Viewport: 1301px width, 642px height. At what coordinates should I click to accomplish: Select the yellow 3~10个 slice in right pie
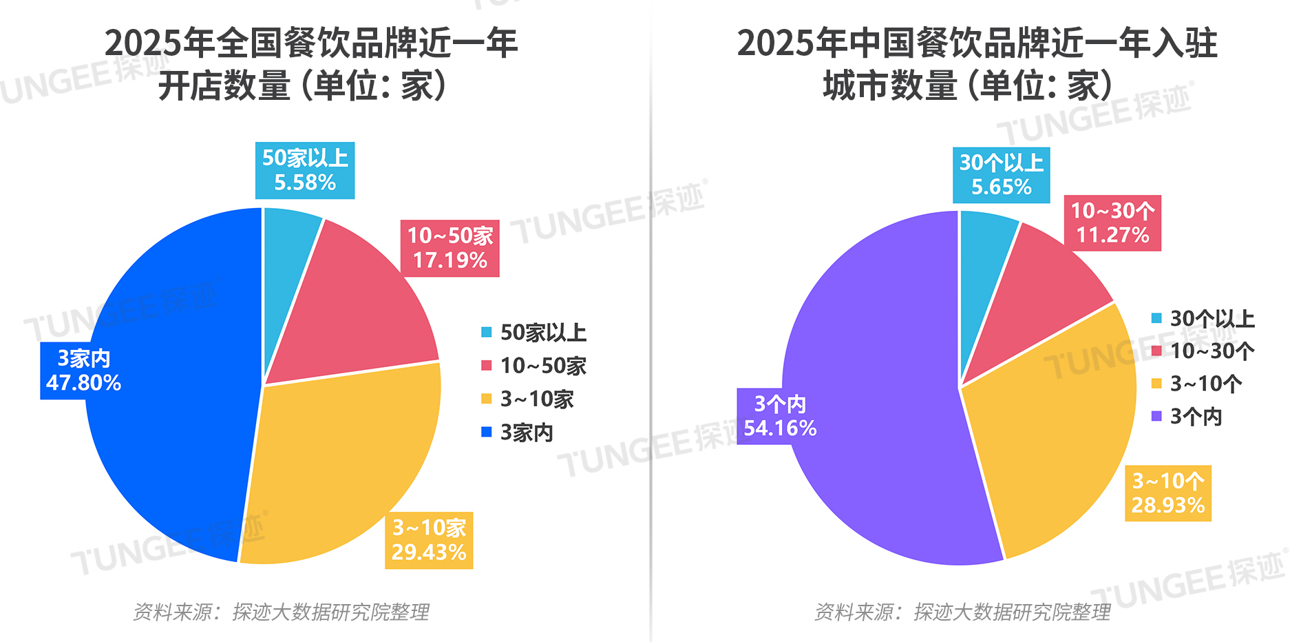click(x=1053, y=441)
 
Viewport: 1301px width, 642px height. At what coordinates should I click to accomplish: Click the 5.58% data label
click(x=305, y=183)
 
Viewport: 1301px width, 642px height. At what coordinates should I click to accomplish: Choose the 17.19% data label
click(x=450, y=260)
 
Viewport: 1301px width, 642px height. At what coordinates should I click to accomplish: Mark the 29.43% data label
click(x=429, y=552)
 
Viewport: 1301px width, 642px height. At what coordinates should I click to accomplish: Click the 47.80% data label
click(x=83, y=383)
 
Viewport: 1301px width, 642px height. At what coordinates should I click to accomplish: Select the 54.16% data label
click(x=780, y=428)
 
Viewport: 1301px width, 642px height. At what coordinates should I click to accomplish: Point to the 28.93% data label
click(x=1168, y=505)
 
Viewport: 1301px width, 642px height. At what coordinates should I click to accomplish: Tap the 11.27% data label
click(x=1112, y=235)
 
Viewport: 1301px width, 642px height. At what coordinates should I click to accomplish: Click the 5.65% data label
click(x=1002, y=187)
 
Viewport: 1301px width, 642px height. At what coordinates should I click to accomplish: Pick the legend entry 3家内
click(x=526, y=433)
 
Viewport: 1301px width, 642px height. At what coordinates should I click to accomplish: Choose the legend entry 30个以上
click(x=1212, y=318)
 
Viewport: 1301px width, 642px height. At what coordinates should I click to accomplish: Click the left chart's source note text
click(x=281, y=612)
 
